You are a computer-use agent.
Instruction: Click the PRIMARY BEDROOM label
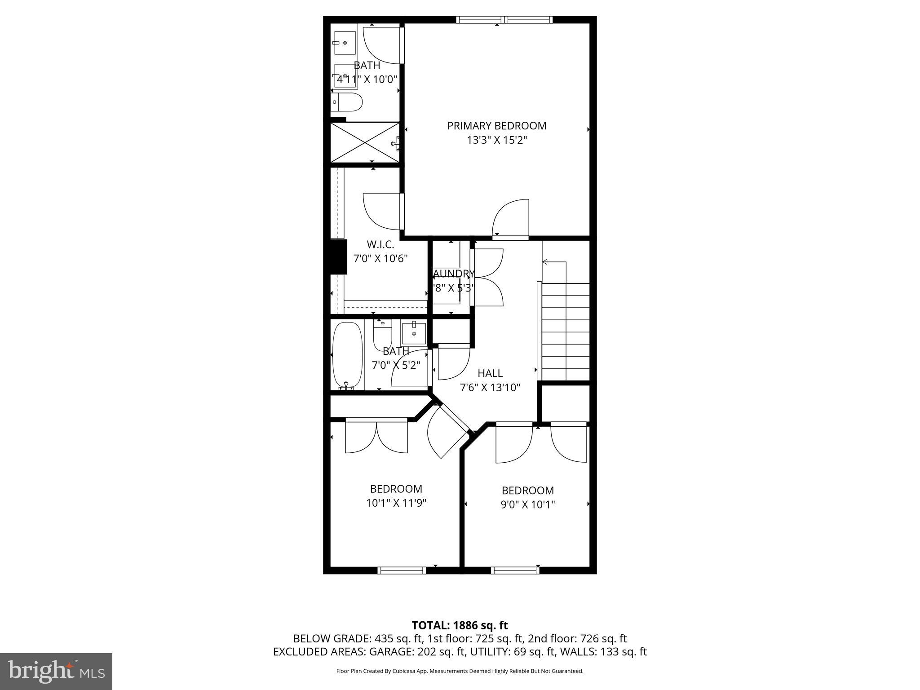click(x=496, y=126)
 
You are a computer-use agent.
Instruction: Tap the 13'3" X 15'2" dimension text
click(x=496, y=141)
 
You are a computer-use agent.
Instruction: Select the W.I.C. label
click(x=380, y=245)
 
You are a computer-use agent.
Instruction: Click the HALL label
click(x=490, y=373)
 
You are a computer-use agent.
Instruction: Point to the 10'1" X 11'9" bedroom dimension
click(x=396, y=503)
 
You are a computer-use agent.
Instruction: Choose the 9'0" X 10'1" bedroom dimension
click(x=527, y=504)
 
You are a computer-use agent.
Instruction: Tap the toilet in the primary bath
click(x=347, y=103)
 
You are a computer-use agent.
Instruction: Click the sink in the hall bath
click(x=413, y=332)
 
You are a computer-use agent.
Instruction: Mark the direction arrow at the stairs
click(x=546, y=262)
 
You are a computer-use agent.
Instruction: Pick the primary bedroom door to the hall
click(x=511, y=218)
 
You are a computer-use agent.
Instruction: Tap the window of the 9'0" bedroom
click(x=515, y=571)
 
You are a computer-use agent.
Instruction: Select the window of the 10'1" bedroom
click(x=401, y=571)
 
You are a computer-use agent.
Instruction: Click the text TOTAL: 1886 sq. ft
click(x=460, y=625)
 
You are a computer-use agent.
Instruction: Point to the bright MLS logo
click(x=56, y=671)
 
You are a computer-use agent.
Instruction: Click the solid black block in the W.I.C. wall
click(x=338, y=257)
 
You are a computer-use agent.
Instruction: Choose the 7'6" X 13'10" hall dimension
click(x=490, y=388)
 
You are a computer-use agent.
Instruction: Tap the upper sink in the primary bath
click(x=345, y=43)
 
